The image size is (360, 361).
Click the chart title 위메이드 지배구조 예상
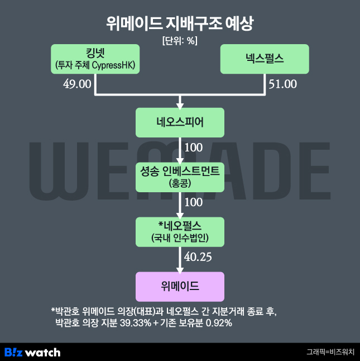[x=180, y=23]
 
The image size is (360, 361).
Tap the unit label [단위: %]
[x=180, y=41]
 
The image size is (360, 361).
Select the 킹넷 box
[x=95, y=59]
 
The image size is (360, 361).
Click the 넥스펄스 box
[x=265, y=59]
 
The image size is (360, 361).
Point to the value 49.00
[x=77, y=84]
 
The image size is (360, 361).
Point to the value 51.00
[x=283, y=84]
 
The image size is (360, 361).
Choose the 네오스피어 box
[x=180, y=122]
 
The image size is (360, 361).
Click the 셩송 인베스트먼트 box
[x=180, y=177]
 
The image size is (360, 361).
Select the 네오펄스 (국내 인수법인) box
[x=180, y=232]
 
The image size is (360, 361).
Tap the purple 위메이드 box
[x=180, y=287]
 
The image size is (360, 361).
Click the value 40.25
[x=198, y=256]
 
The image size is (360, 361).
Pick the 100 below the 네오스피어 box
[x=194, y=148]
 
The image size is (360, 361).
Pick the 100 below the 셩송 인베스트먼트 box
[x=194, y=202]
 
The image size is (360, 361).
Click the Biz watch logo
[x=32, y=353]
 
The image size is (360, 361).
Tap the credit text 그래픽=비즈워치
[x=330, y=352]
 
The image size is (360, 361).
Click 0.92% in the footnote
[x=219, y=323]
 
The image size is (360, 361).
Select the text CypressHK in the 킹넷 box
[x=113, y=65]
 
